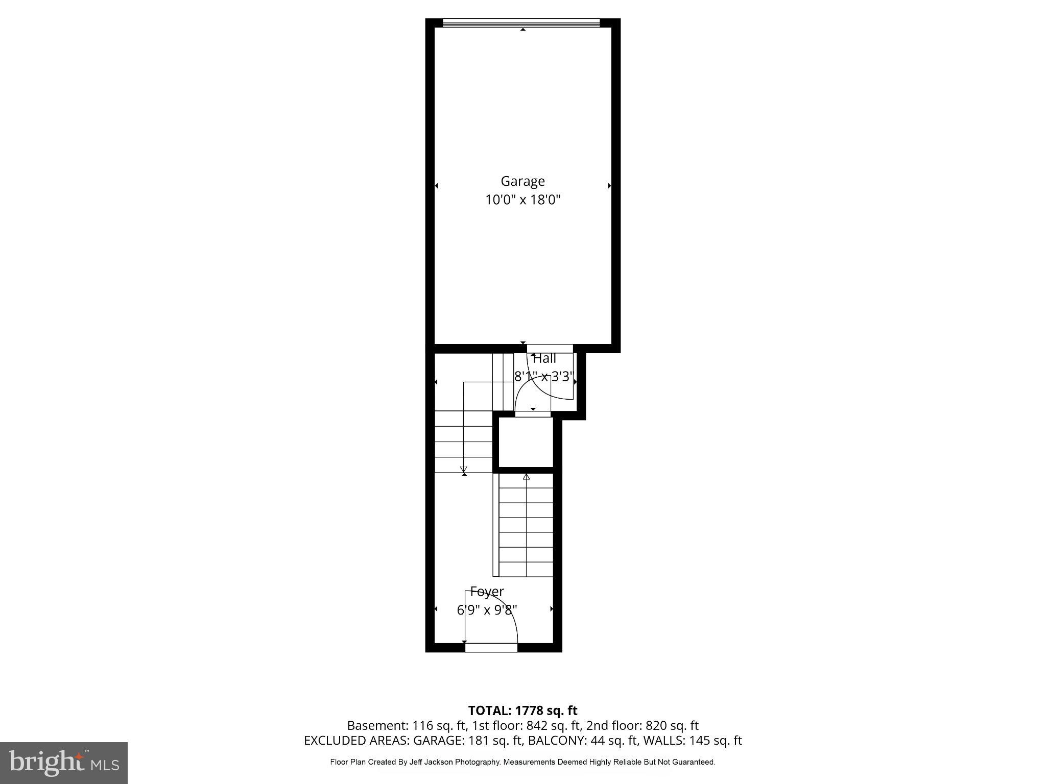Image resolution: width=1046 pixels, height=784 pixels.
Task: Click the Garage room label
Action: pos(522,181)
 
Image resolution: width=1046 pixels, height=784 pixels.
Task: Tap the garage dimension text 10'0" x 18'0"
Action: pos(522,200)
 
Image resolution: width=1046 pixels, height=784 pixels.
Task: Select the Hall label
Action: pos(544,359)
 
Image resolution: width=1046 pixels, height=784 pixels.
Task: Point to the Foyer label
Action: pos(487,592)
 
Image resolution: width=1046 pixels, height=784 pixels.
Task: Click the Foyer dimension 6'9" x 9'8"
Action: pos(487,610)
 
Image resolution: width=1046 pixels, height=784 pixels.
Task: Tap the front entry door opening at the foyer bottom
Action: pos(491,648)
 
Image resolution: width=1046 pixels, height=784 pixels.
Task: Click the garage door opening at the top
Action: pos(521,22)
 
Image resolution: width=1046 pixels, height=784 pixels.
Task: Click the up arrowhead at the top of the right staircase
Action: pos(526,477)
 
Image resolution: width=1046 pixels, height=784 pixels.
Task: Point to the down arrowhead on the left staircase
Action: pos(464,470)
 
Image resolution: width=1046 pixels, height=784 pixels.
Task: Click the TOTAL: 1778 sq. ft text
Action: pos(522,710)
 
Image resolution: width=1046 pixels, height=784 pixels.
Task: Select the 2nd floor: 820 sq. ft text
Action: pos(642,725)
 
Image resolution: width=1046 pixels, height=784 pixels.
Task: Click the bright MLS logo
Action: pos(64,763)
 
